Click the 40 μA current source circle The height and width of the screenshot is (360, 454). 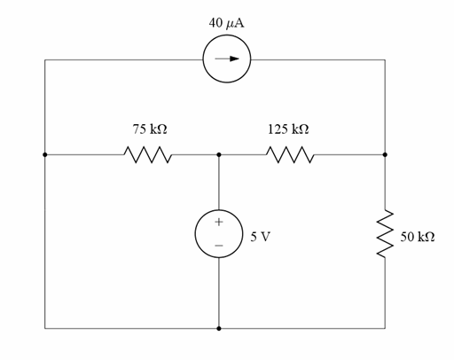(228, 60)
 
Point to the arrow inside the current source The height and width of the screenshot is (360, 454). (228, 60)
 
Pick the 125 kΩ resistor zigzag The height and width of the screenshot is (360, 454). (288, 155)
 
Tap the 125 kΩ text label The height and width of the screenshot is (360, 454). (288, 129)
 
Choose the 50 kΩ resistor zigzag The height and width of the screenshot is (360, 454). (386, 235)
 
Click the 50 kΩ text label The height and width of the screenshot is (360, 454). (417, 238)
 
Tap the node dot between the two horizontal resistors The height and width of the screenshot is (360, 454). (219, 154)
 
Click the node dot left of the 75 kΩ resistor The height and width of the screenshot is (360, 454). (45, 154)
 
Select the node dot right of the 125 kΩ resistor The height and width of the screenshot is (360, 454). (386, 154)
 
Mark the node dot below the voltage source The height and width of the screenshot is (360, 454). (219, 328)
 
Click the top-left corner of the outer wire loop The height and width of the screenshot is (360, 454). (45, 60)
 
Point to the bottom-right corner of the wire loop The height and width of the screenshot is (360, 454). (386, 328)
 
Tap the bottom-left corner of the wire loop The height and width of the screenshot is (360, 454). (45, 328)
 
